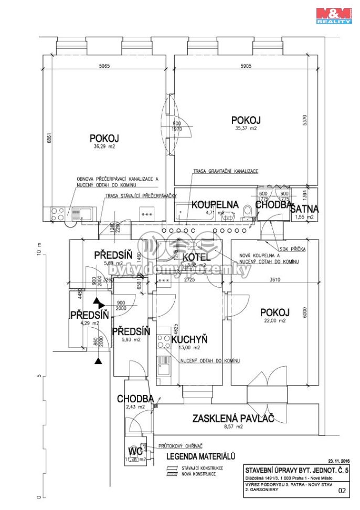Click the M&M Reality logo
pyautogui.click(x=333, y=16)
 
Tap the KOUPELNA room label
pyautogui.click(x=215, y=204)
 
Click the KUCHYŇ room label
pyautogui.click(x=189, y=339)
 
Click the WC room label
pyautogui.click(x=135, y=451)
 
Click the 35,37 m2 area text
pyautogui.click(x=246, y=128)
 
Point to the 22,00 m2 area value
pyautogui.click(x=275, y=320)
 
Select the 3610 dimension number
pyautogui.click(x=275, y=280)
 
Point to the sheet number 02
pyautogui.click(x=343, y=491)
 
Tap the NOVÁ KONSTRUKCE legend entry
pyautogui.click(x=198, y=473)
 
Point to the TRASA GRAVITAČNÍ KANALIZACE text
pyautogui.click(x=226, y=172)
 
